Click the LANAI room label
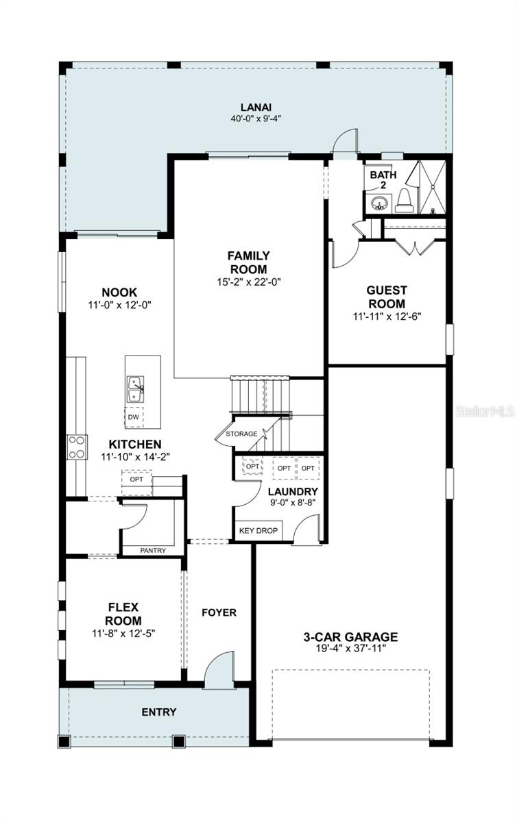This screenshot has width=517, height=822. click(x=256, y=107)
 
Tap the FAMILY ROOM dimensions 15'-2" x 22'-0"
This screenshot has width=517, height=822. click(x=249, y=282)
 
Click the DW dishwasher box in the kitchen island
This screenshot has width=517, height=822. click(x=134, y=417)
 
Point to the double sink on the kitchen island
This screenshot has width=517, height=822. click(x=135, y=389)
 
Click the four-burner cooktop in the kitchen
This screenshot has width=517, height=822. click(x=77, y=447)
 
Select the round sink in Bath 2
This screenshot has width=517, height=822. click(x=377, y=203)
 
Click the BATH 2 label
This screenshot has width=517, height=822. click(x=383, y=179)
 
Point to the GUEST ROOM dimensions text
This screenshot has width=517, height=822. click(x=387, y=316)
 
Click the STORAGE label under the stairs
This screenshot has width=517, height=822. click(x=241, y=434)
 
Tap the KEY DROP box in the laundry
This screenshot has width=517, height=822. click(x=258, y=531)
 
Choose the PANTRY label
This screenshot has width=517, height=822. click(x=153, y=551)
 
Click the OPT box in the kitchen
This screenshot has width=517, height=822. click(x=136, y=480)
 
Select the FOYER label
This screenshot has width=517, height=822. click(x=219, y=612)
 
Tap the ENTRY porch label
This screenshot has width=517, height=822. click(x=159, y=712)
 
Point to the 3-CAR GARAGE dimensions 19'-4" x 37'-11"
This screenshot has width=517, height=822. click(x=351, y=648)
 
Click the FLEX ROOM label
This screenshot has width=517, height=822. click(x=123, y=614)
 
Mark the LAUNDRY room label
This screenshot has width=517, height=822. click(x=293, y=491)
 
